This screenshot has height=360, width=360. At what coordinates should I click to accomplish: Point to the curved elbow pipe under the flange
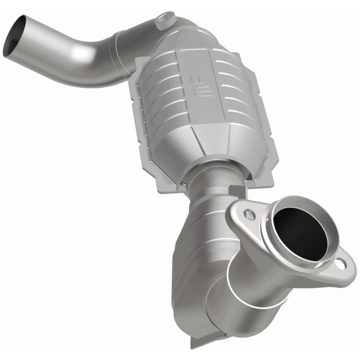[252, 288]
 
